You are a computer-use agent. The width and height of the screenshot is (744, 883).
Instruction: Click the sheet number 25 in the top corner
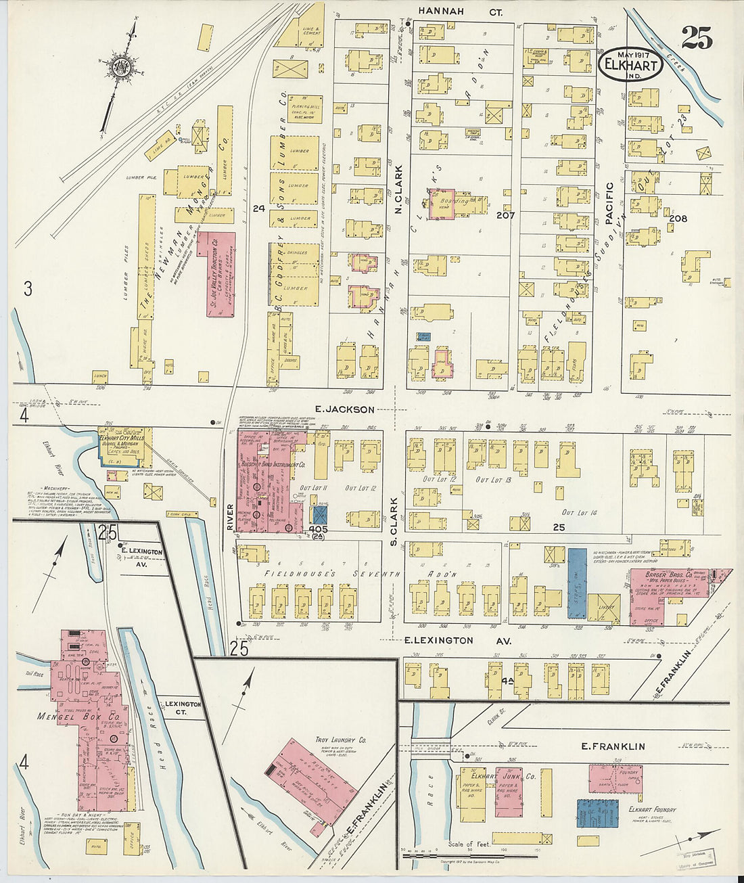point(697,39)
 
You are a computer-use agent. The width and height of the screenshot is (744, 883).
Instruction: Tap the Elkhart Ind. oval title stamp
point(629,64)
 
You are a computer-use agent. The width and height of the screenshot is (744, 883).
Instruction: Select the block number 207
point(505,215)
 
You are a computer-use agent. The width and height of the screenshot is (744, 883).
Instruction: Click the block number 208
point(677,219)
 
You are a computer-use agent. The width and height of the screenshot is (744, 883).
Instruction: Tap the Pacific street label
point(609,203)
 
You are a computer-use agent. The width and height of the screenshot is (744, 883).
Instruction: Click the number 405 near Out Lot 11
point(318,528)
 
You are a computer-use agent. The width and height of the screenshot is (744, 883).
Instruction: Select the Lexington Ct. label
point(183,708)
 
